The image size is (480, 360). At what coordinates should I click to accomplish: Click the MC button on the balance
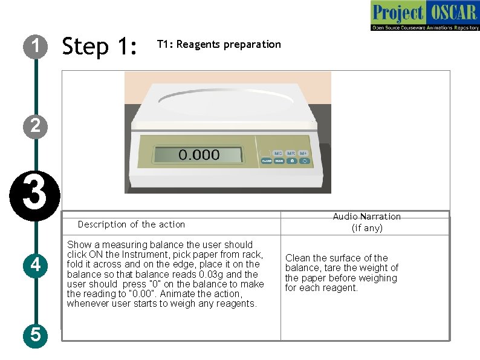click(x=279, y=154)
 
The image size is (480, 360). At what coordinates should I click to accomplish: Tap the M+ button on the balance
click(x=303, y=154)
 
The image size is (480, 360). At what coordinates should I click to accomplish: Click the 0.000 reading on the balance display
click(x=198, y=155)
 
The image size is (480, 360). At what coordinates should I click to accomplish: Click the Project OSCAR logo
click(x=424, y=16)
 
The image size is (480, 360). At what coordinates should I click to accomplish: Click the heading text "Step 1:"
click(x=100, y=46)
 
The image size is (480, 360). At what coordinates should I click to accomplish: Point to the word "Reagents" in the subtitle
click(x=199, y=44)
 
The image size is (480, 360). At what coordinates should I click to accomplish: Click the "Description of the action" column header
click(x=131, y=224)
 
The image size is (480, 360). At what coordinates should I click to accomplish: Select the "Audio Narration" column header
click(x=366, y=217)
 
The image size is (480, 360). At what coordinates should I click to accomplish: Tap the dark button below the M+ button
click(x=304, y=161)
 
